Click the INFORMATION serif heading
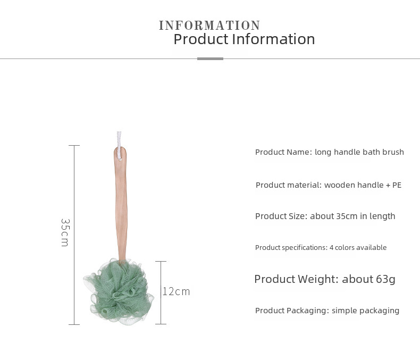click(x=209, y=26)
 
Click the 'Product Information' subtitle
click(x=244, y=39)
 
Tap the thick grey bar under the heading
click(x=210, y=58)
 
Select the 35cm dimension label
click(x=65, y=232)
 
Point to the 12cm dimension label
click(x=177, y=291)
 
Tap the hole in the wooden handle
click(x=120, y=159)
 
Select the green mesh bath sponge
click(x=119, y=292)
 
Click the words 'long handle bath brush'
click(x=359, y=152)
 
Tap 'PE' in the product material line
click(x=397, y=185)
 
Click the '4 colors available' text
click(x=358, y=247)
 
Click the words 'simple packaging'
click(x=365, y=311)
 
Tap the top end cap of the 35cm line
click(x=74, y=146)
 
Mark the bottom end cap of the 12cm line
click(x=161, y=324)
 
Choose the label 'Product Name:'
click(x=284, y=152)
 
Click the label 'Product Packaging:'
click(x=292, y=311)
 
